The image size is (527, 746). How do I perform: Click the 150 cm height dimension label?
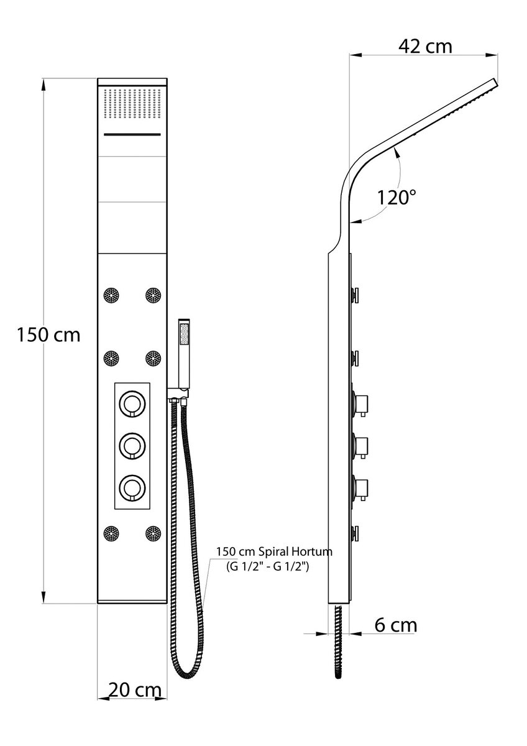click(x=48, y=335)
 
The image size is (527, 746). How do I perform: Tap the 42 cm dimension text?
click(x=425, y=47)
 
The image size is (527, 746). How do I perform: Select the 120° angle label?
click(x=396, y=198)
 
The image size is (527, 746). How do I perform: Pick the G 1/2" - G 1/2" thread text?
click(x=268, y=566)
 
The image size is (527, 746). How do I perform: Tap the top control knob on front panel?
click(x=132, y=403)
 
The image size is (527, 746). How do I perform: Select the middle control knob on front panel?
click(x=132, y=446)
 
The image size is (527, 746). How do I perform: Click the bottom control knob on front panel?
click(x=132, y=487)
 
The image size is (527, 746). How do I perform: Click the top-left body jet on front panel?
click(x=111, y=295)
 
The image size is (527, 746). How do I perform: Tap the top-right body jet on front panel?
click(x=154, y=295)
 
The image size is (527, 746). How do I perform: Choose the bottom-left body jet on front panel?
click(x=111, y=533)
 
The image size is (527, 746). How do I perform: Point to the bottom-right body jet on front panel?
click(x=154, y=533)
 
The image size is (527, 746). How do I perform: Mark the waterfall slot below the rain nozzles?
click(x=132, y=134)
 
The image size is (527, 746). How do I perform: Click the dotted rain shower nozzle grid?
click(x=132, y=103)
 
